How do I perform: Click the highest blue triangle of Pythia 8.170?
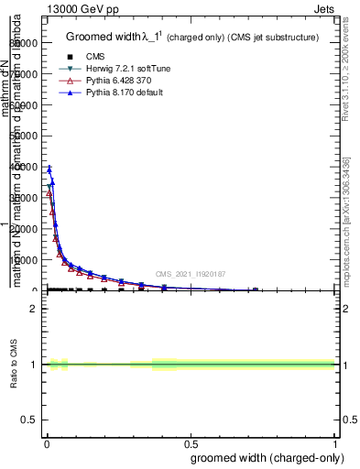coord(49,169)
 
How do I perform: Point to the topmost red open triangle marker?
coord(49,193)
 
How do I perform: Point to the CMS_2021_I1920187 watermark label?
coord(190,273)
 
